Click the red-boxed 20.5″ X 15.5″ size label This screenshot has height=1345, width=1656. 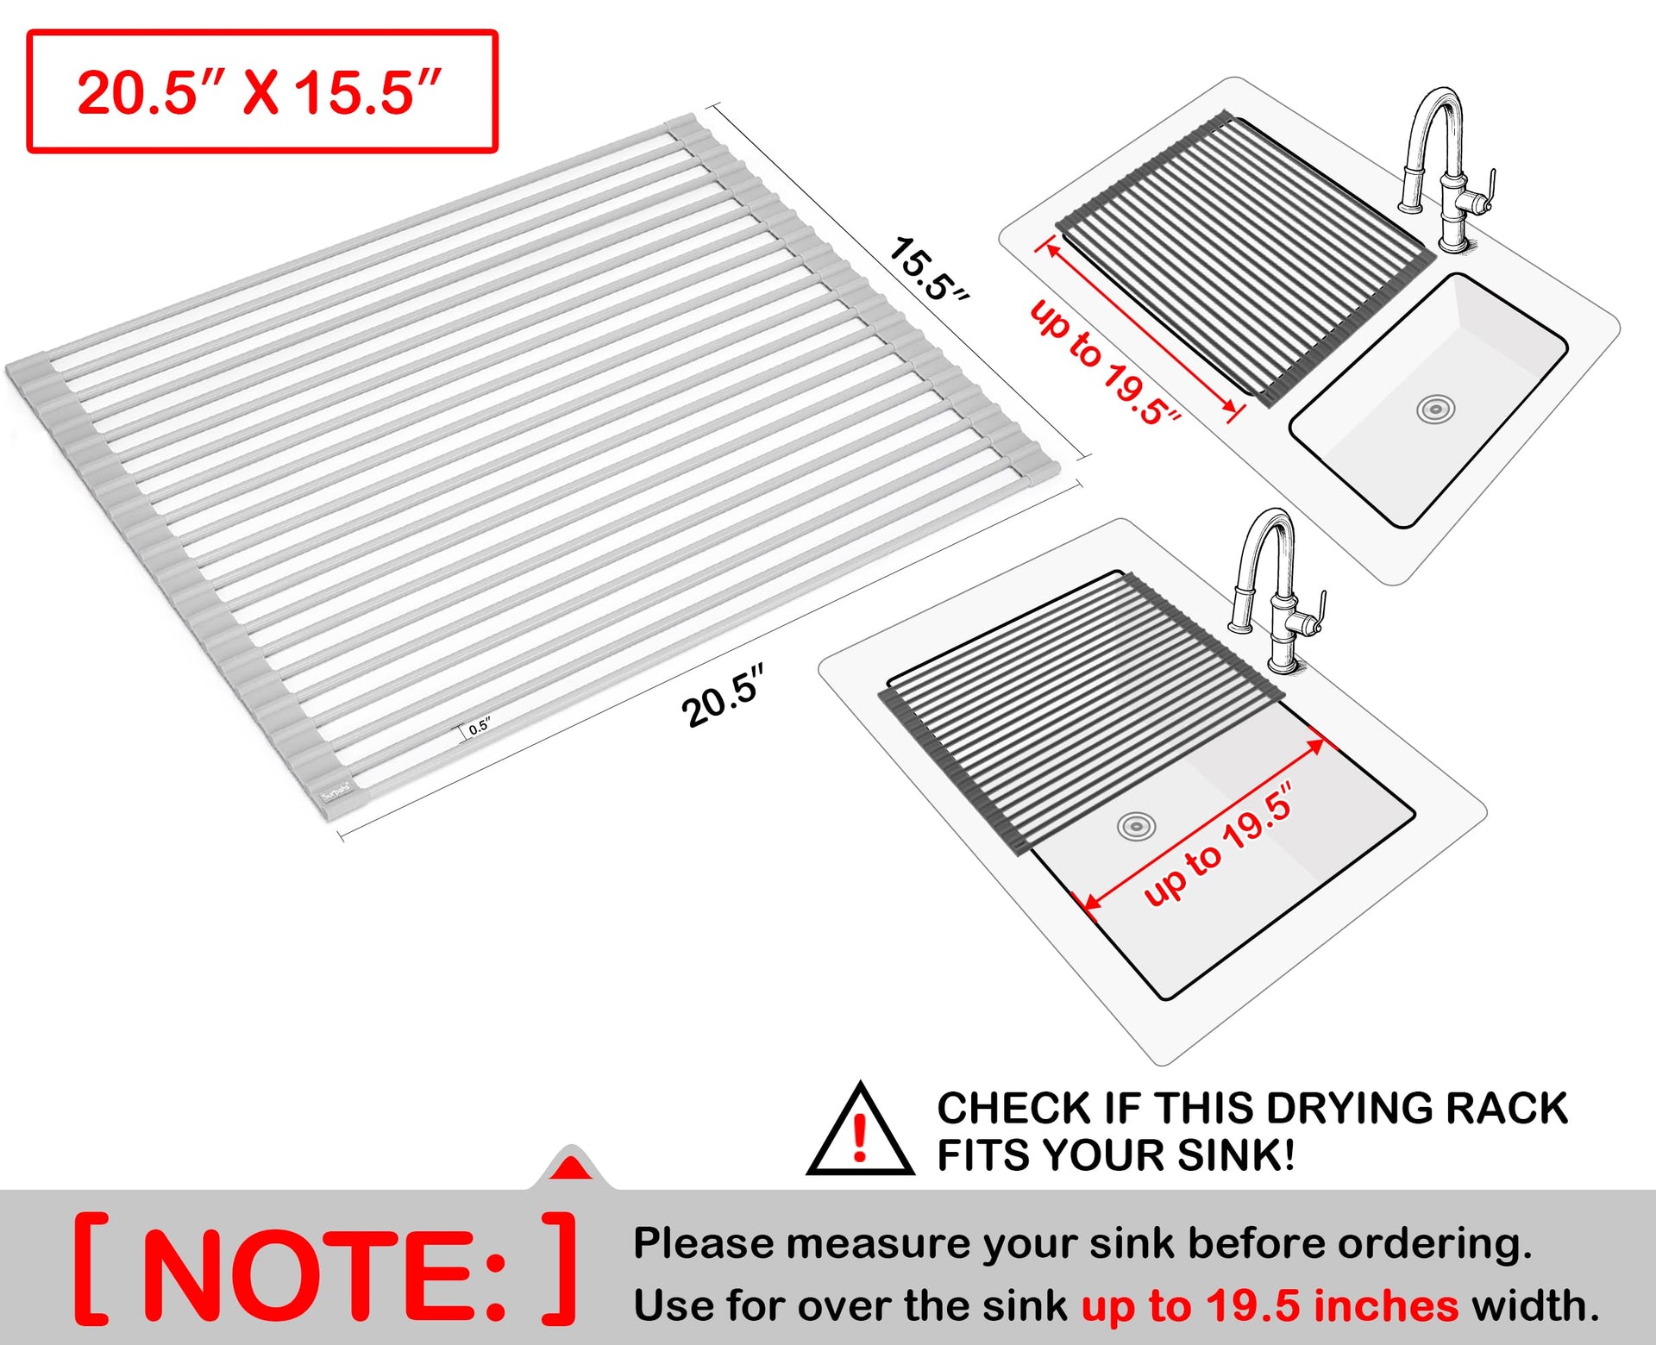tap(260, 92)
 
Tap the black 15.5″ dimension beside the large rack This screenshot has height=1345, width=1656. tap(929, 269)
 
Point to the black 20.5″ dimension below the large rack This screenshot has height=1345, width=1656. tap(724, 696)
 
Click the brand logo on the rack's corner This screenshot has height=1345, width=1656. tap(336, 791)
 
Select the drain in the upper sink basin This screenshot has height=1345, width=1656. tap(1435, 410)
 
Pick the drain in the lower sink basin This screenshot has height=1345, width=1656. tap(1136, 827)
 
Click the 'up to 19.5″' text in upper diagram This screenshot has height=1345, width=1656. tap(1104, 363)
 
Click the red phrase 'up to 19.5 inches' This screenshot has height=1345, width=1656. tap(1270, 1305)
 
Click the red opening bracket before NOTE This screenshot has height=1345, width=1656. tap(91, 1268)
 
